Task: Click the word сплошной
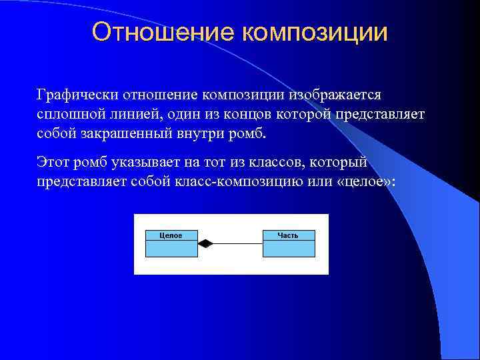point(67,114)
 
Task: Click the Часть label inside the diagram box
point(289,235)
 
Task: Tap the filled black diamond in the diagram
point(205,244)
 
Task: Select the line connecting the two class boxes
point(237,244)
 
